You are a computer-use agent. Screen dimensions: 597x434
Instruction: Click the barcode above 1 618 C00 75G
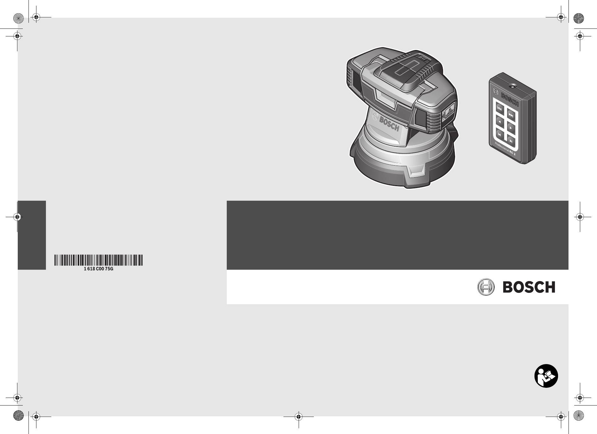98,260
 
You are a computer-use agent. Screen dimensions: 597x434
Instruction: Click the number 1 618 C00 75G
98,269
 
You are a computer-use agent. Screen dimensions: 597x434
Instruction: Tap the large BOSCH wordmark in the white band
529,287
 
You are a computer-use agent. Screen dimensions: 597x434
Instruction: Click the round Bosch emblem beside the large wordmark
486,287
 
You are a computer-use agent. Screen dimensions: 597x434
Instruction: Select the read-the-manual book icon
546,376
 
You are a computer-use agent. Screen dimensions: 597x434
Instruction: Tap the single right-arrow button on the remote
511,127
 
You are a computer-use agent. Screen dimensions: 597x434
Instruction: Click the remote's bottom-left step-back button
500,135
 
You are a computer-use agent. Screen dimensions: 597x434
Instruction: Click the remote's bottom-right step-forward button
511,141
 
